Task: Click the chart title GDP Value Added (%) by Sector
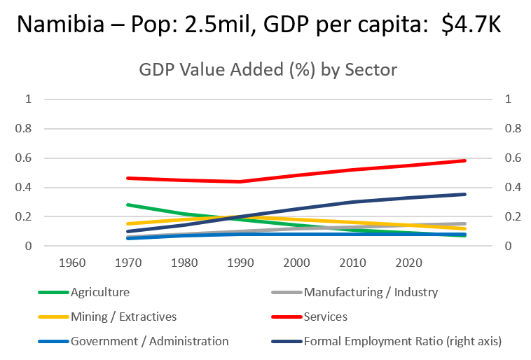coord(268,71)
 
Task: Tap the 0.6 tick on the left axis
coord(25,158)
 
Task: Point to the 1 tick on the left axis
coord(29,99)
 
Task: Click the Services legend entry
coord(325,317)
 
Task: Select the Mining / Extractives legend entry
coord(123,317)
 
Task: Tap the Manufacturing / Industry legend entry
coord(371,292)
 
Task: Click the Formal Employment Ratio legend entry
coord(403,341)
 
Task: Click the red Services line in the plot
coord(350,172)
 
